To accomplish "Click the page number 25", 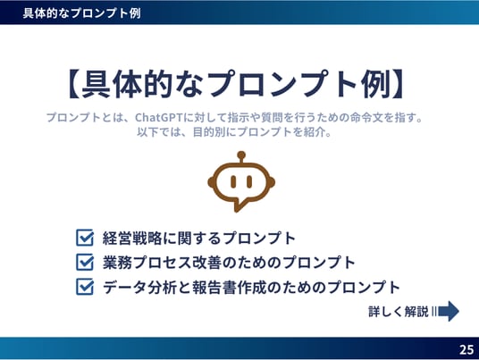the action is tap(466, 349).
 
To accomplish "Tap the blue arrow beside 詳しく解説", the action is tap(449, 311).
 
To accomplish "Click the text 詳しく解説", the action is tap(399, 312).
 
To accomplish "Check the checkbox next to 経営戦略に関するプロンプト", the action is tap(85, 238).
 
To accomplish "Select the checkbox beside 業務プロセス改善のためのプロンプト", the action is tap(85, 262).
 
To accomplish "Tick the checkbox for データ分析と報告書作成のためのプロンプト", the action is tap(85, 287).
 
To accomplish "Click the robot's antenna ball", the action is tap(241, 155).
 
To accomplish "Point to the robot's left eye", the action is tap(233, 181).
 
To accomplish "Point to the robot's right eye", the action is tap(249, 181).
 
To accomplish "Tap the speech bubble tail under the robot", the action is tap(239, 205).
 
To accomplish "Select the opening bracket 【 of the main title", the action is tap(73, 84).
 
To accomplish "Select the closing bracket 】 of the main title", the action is tap(399, 84).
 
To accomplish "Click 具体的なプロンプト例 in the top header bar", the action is tap(82, 13).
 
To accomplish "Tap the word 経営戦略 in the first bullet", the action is tap(132, 239).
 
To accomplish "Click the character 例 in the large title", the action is tap(375, 84).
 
